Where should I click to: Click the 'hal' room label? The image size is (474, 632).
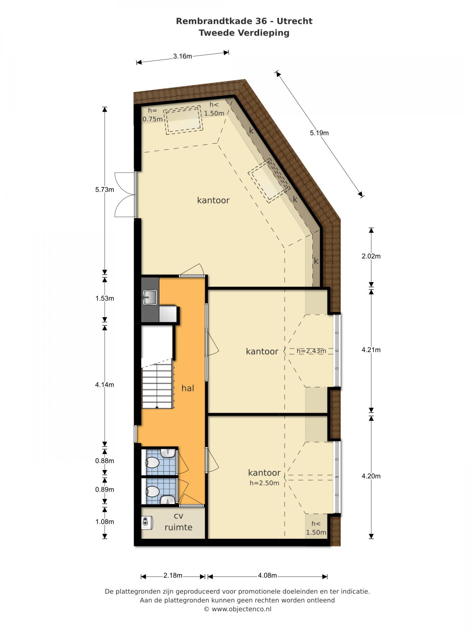[x=188, y=388]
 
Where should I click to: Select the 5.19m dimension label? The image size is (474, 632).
[x=319, y=133]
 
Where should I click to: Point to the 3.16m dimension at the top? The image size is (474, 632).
[x=182, y=56]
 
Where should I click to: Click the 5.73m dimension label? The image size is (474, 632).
[x=105, y=190]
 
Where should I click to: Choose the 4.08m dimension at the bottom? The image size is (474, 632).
[x=267, y=575]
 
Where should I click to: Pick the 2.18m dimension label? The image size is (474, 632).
[x=173, y=575]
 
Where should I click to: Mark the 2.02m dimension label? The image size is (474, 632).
[x=371, y=256]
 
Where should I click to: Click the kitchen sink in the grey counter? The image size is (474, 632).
[x=150, y=297]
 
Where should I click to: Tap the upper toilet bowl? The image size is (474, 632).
[x=152, y=463]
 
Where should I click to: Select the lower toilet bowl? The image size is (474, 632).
[x=152, y=491]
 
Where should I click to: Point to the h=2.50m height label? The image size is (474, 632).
[x=264, y=483]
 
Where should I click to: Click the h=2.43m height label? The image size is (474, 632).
[x=311, y=351]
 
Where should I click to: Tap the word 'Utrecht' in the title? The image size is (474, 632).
[x=295, y=21]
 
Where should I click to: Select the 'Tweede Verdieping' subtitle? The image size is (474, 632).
[x=244, y=33]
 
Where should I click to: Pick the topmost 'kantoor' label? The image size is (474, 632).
[x=213, y=200]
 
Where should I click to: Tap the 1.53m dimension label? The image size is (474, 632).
[x=105, y=298]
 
